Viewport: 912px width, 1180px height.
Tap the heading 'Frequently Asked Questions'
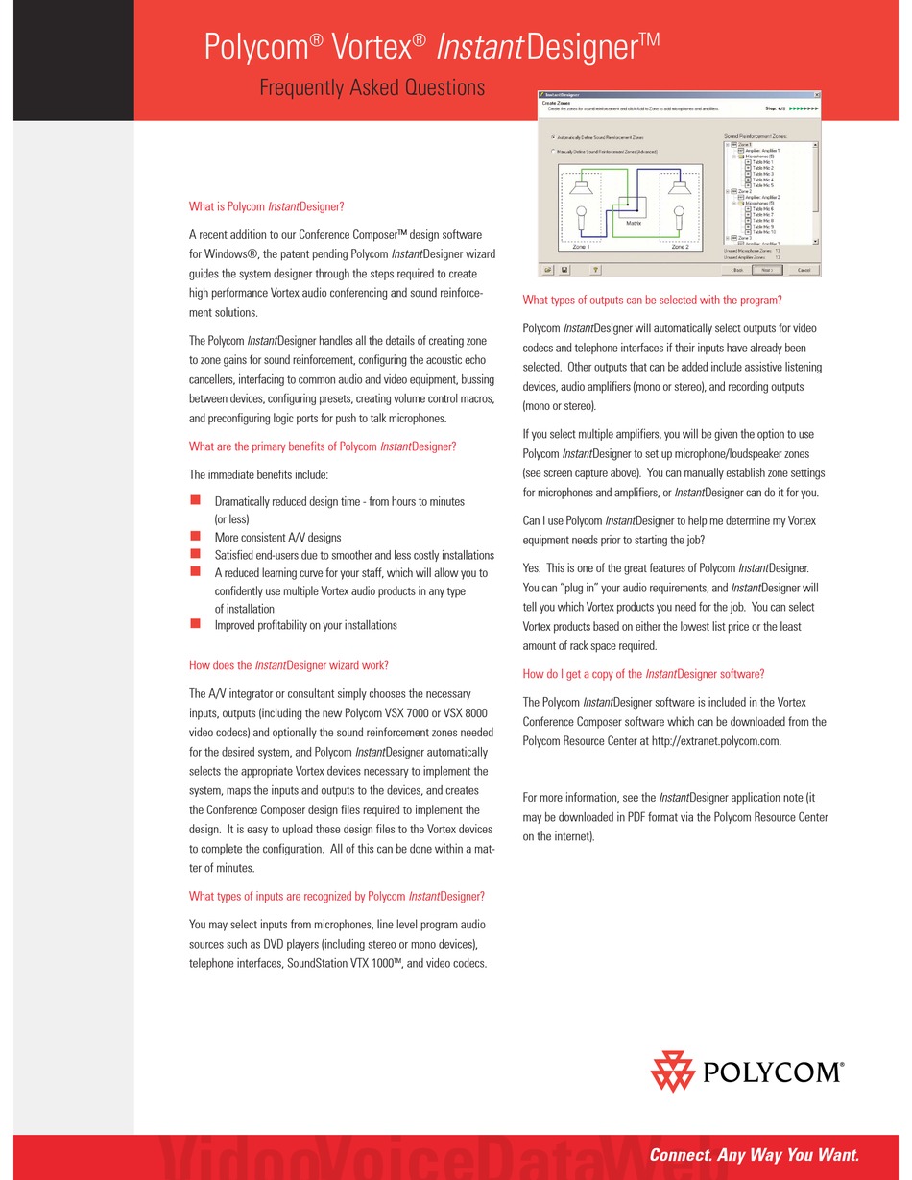pos(372,87)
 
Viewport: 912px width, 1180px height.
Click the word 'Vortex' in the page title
pos(377,46)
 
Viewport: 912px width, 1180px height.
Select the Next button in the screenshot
pos(766,270)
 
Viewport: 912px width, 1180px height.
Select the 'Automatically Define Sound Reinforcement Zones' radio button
pos(552,137)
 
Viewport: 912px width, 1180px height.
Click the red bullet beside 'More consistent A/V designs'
pos(195,537)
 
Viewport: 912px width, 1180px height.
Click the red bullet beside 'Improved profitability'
pos(195,624)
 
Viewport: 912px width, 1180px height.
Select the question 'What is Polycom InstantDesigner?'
pos(266,206)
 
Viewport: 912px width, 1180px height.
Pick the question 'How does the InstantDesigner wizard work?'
pos(288,664)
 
